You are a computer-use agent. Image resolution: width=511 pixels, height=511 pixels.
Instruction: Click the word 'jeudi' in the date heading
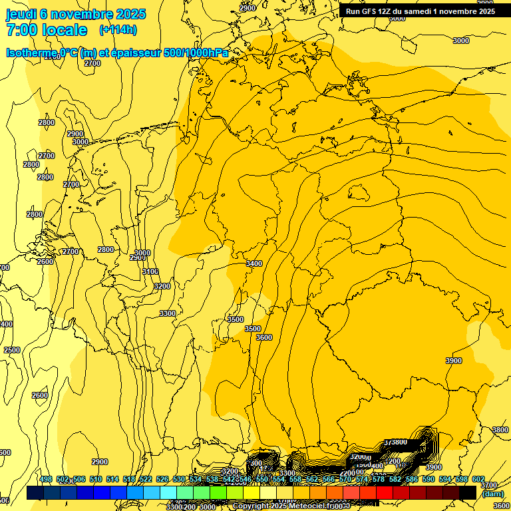coord(20,14)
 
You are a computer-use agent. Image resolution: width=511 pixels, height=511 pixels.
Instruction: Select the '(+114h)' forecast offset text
coord(118,30)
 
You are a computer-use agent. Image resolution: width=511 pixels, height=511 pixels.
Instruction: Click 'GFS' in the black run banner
coord(373,11)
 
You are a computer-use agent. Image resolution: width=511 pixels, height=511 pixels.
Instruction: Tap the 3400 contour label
coord(254,264)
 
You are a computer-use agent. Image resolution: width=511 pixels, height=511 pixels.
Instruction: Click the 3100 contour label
coord(150,271)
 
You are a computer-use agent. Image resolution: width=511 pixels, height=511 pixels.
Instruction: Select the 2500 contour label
coord(12,350)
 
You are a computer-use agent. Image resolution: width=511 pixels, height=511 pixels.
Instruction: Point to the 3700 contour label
coord(488,486)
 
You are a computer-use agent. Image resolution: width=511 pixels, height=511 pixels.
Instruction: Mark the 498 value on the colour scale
coord(46,480)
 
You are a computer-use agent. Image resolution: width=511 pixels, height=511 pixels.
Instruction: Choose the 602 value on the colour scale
coord(478,480)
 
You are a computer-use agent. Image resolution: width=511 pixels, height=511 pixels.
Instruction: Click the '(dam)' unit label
coord(493,494)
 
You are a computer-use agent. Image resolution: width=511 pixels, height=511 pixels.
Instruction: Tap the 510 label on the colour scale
coord(96,480)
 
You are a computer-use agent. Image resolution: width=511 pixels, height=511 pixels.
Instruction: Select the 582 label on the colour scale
coord(395,480)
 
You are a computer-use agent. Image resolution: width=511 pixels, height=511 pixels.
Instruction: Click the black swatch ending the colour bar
coord(468,493)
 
